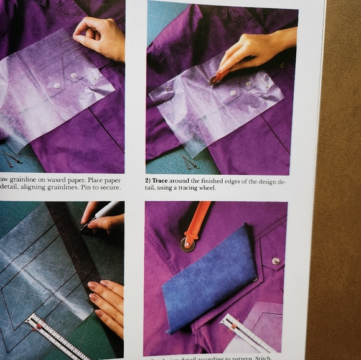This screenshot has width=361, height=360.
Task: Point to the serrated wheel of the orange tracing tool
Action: pos(186,244)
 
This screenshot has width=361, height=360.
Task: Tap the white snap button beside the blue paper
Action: pos(275,261)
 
